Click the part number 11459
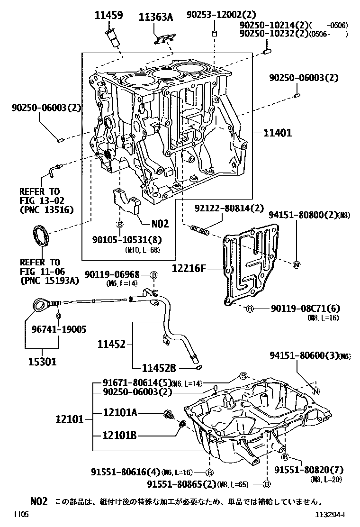108,16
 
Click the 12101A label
120,413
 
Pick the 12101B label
120,435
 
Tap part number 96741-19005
60,328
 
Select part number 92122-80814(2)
229,208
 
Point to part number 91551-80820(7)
309,470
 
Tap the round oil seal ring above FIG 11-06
40,236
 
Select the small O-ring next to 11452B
198,367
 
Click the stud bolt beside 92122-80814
200,231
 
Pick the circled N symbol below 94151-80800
296,264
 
